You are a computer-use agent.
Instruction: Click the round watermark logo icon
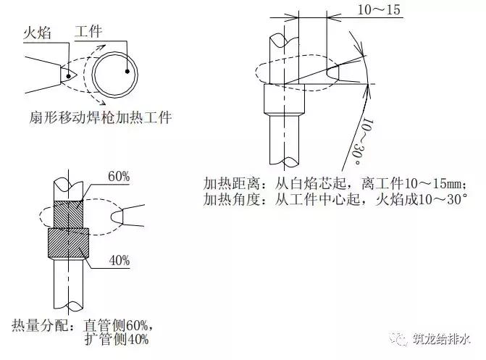pyautogui.click(x=400, y=338)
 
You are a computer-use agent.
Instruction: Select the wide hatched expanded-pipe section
pyautogui.click(x=67, y=246)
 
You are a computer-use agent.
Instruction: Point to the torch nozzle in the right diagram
pyautogui.click(x=340, y=73)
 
